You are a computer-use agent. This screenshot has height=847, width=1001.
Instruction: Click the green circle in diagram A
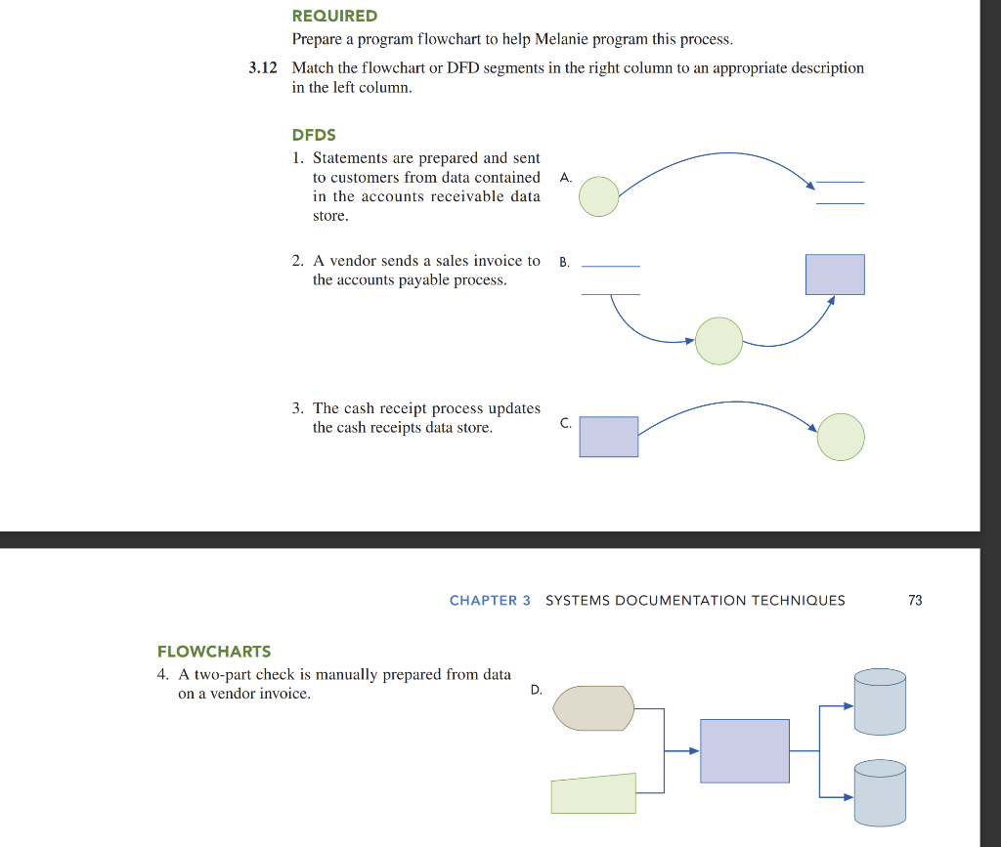(x=598, y=196)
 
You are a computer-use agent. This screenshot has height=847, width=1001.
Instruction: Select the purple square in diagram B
(x=835, y=275)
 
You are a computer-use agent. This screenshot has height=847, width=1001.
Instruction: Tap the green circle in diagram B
(x=718, y=341)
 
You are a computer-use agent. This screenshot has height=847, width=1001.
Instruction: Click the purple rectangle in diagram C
(x=608, y=437)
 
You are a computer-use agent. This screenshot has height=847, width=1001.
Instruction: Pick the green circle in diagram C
(x=841, y=437)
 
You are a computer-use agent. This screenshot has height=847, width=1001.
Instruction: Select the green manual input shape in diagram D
(x=593, y=793)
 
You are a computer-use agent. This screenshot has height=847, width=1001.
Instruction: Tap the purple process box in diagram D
(x=745, y=750)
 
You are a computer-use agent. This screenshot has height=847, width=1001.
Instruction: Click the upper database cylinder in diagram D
(x=880, y=700)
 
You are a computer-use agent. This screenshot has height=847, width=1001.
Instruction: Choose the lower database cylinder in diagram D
(x=880, y=792)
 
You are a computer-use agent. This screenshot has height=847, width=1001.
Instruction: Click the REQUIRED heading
(x=334, y=16)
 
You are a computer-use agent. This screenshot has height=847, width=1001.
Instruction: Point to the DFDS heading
(x=314, y=135)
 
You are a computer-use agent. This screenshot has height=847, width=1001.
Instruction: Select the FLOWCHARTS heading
(x=214, y=651)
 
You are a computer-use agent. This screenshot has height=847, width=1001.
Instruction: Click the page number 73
(x=915, y=600)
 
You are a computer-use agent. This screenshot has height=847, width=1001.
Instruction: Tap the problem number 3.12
(x=263, y=68)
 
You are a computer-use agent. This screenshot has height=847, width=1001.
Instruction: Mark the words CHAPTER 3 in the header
(x=490, y=600)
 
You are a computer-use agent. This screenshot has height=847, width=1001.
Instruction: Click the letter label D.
(x=536, y=690)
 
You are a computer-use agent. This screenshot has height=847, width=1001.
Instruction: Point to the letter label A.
(x=564, y=178)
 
